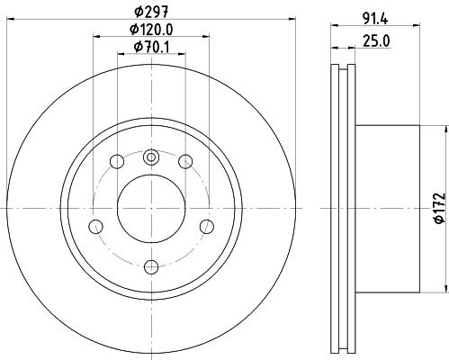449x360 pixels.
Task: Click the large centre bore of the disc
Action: point(151,210)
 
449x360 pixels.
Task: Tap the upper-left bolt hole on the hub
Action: point(117,162)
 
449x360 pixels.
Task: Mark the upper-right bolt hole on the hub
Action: point(185,162)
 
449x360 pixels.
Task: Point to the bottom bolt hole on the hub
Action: point(151,265)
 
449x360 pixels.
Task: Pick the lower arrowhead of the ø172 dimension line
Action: point(445,291)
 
